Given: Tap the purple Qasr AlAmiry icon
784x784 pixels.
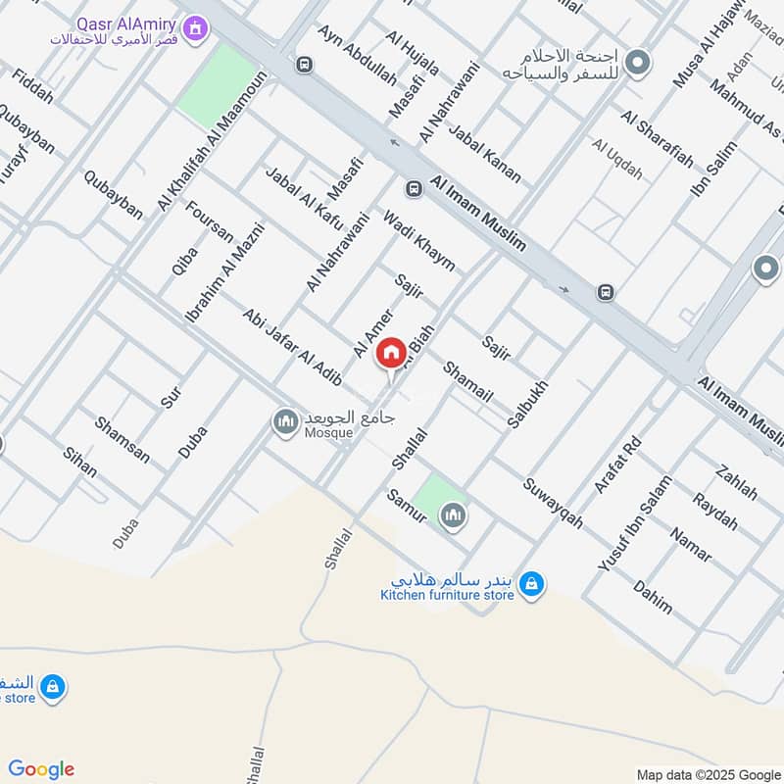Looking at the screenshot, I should [x=198, y=29].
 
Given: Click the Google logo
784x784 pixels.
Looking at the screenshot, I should [x=41, y=769].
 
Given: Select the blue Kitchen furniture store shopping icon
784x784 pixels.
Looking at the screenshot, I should [x=531, y=584].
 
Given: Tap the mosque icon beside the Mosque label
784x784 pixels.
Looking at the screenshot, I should [x=285, y=422].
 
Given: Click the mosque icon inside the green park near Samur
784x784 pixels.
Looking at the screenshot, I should [x=452, y=515].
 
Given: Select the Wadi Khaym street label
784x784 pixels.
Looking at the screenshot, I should [x=418, y=241].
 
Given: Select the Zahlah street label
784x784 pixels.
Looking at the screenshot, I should [x=737, y=481].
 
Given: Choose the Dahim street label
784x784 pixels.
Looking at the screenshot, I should [x=653, y=597].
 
